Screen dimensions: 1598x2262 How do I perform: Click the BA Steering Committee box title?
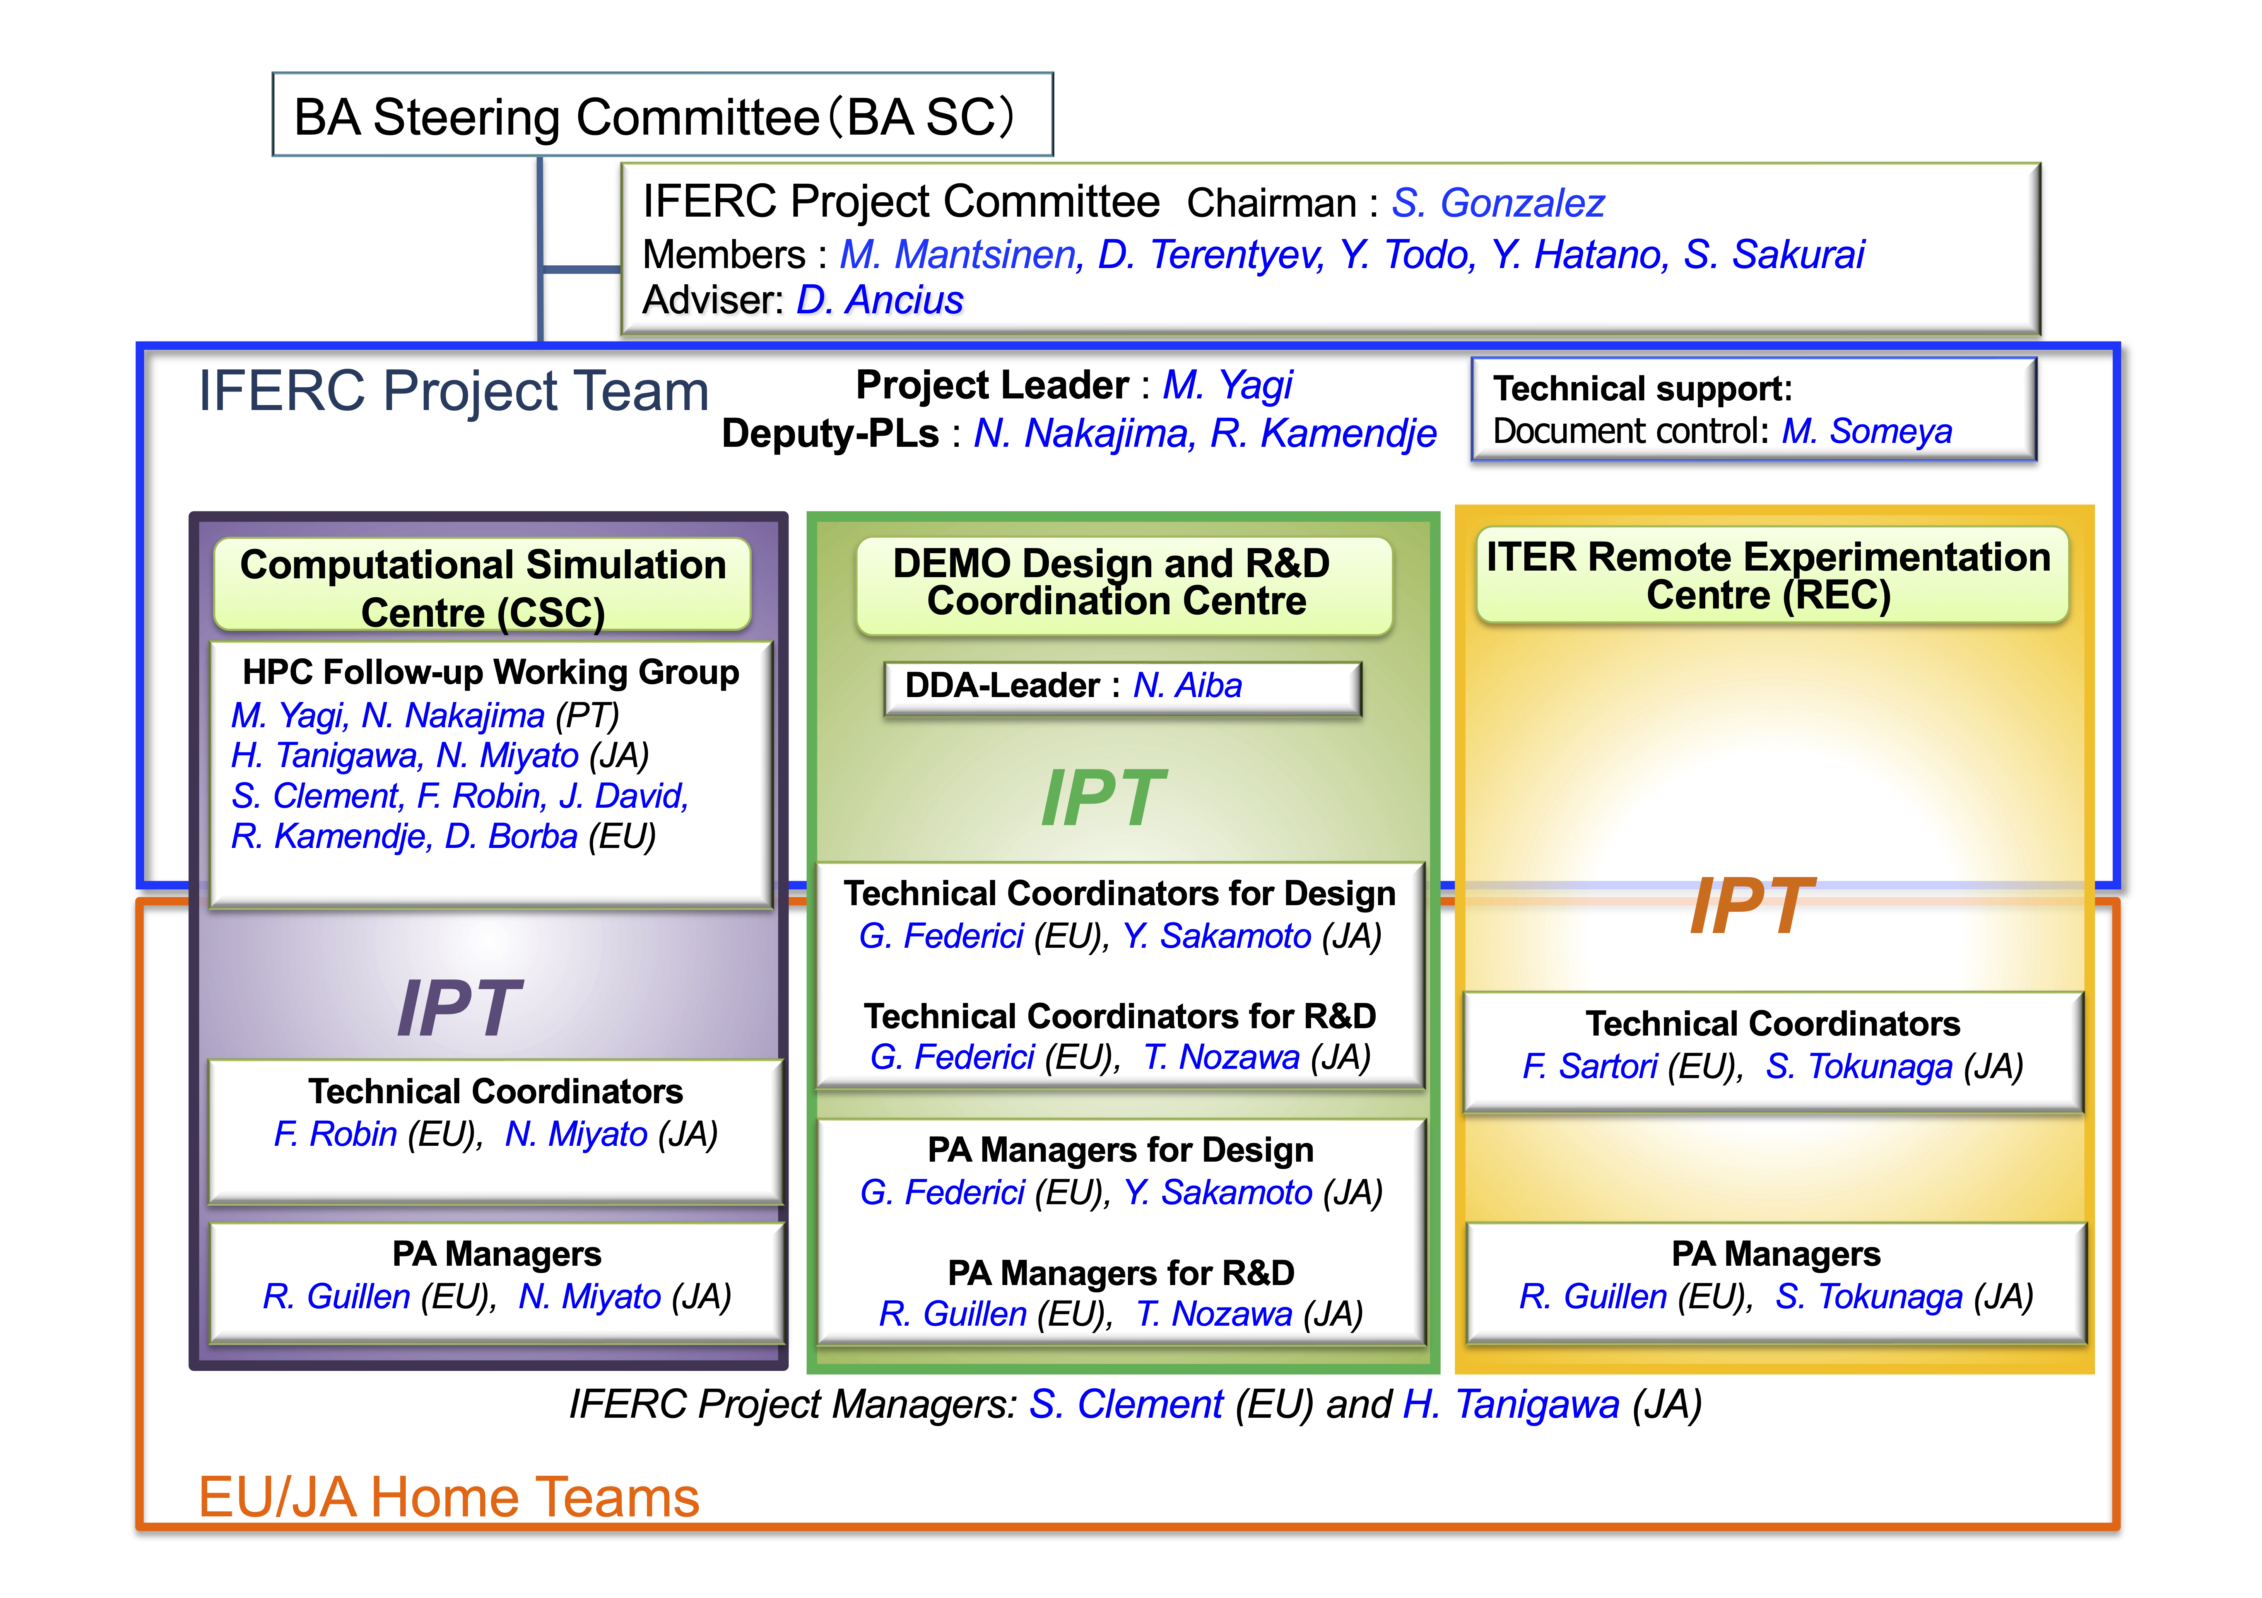pyautogui.click(x=654, y=117)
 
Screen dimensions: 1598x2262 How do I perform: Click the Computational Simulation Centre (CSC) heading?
pyautogui.click(x=483, y=588)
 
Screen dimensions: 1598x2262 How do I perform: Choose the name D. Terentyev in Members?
pyautogui.click(x=1210, y=255)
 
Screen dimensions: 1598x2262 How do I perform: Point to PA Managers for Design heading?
pyautogui.click(x=1120, y=1150)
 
